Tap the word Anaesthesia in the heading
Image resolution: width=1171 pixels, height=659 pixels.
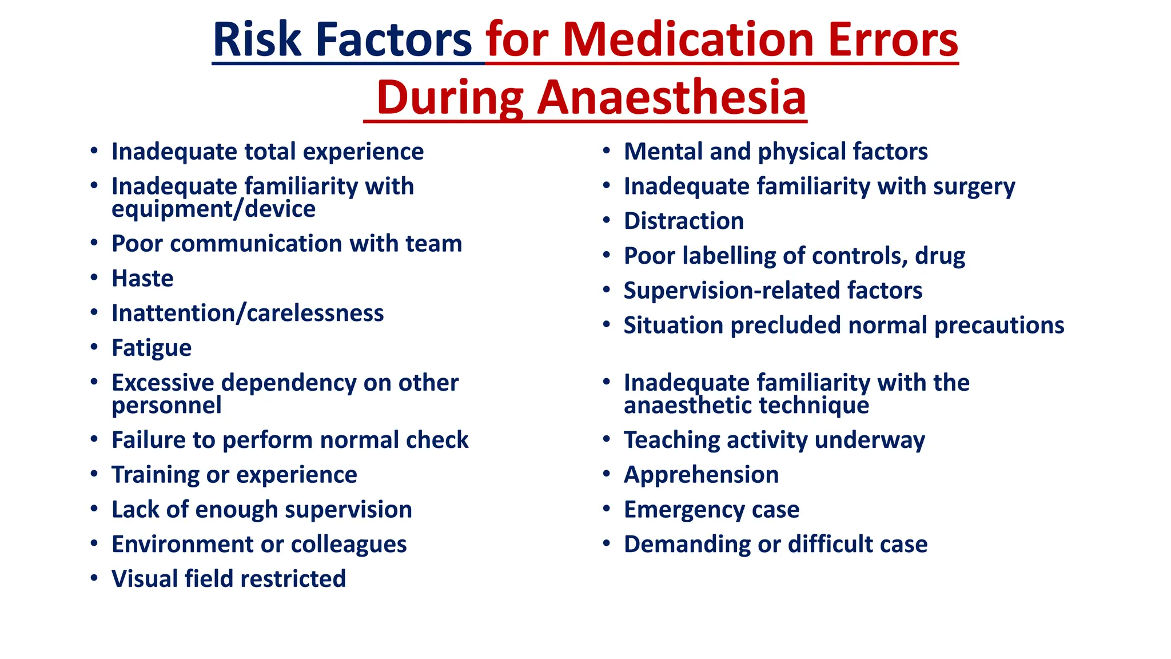pyautogui.click(x=671, y=97)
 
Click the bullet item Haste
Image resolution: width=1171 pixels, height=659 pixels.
pyautogui.click(x=142, y=279)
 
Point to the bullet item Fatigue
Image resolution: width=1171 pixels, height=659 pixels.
pyautogui.click(x=152, y=348)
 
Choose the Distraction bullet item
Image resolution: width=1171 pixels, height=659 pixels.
pyautogui.click(x=683, y=221)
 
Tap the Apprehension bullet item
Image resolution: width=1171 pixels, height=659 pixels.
pyautogui.click(x=701, y=475)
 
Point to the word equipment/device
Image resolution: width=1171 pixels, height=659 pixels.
pyautogui.click(x=213, y=209)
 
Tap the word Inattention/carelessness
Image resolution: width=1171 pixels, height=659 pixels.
pyautogui.click(x=248, y=313)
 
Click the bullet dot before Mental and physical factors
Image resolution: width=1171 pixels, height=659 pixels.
pyautogui.click(x=607, y=150)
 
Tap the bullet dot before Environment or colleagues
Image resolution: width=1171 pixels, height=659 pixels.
pyautogui.click(x=94, y=543)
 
